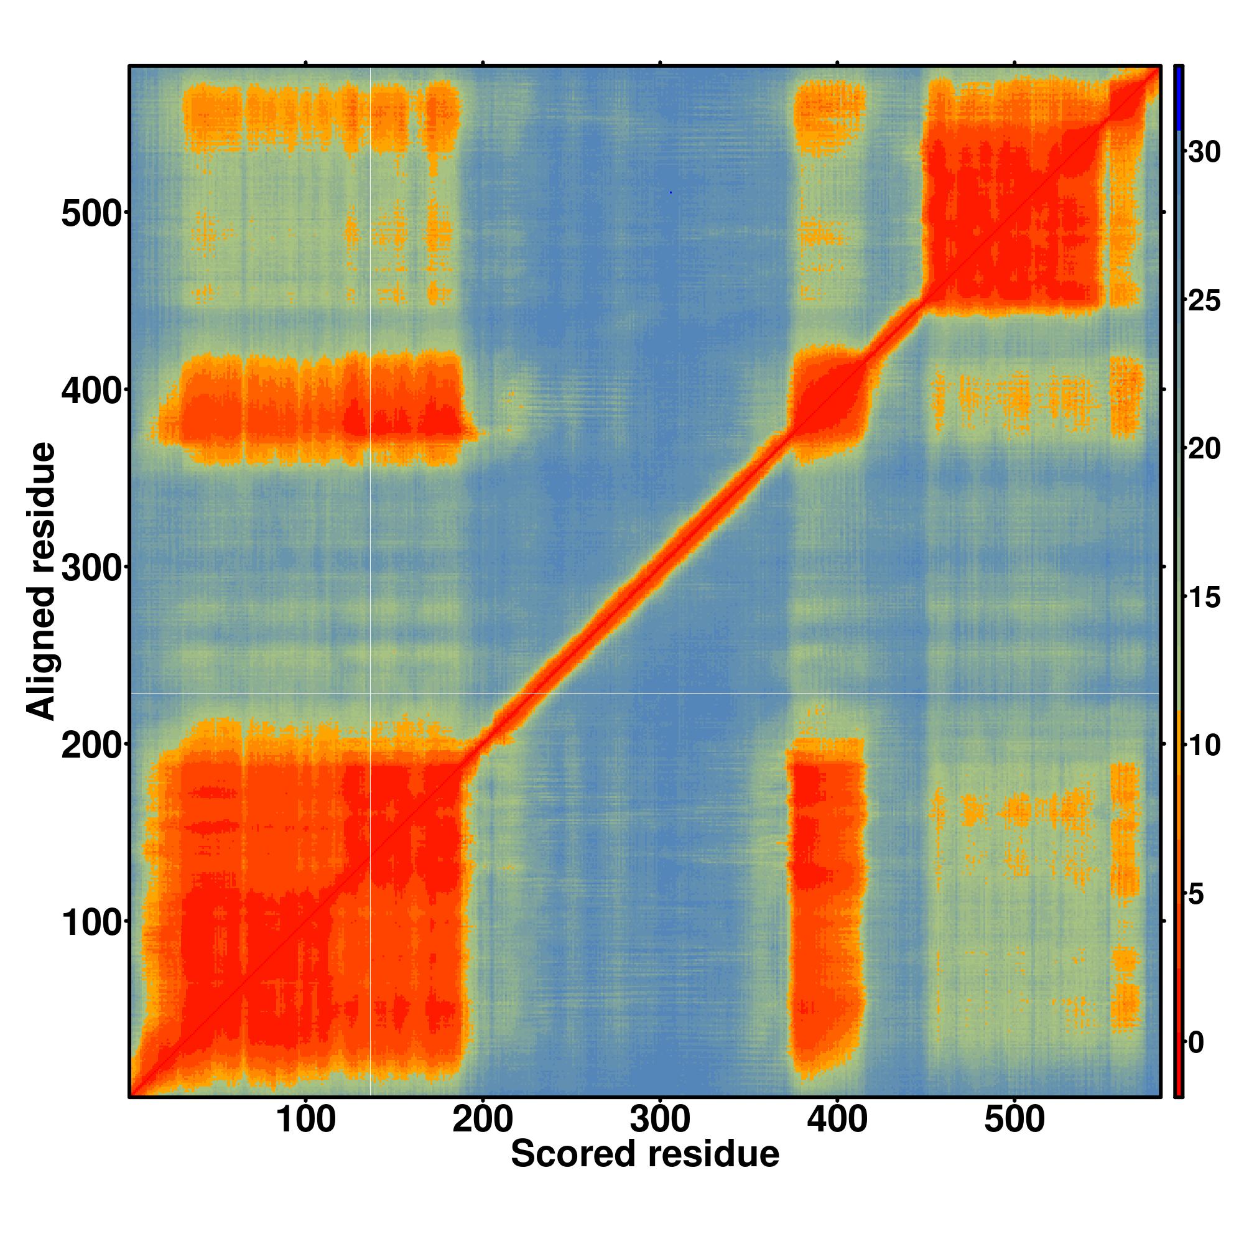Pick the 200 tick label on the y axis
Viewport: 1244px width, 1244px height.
coord(91,746)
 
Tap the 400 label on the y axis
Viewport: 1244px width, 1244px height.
coord(91,391)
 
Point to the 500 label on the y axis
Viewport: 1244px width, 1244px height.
coord(91,214)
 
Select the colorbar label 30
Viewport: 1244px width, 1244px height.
coord(1204,152)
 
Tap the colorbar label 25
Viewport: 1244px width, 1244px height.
coord(1204,301)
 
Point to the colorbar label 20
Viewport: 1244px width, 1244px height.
coord(1204,450)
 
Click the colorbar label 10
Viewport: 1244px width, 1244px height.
coord(1204,746)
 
